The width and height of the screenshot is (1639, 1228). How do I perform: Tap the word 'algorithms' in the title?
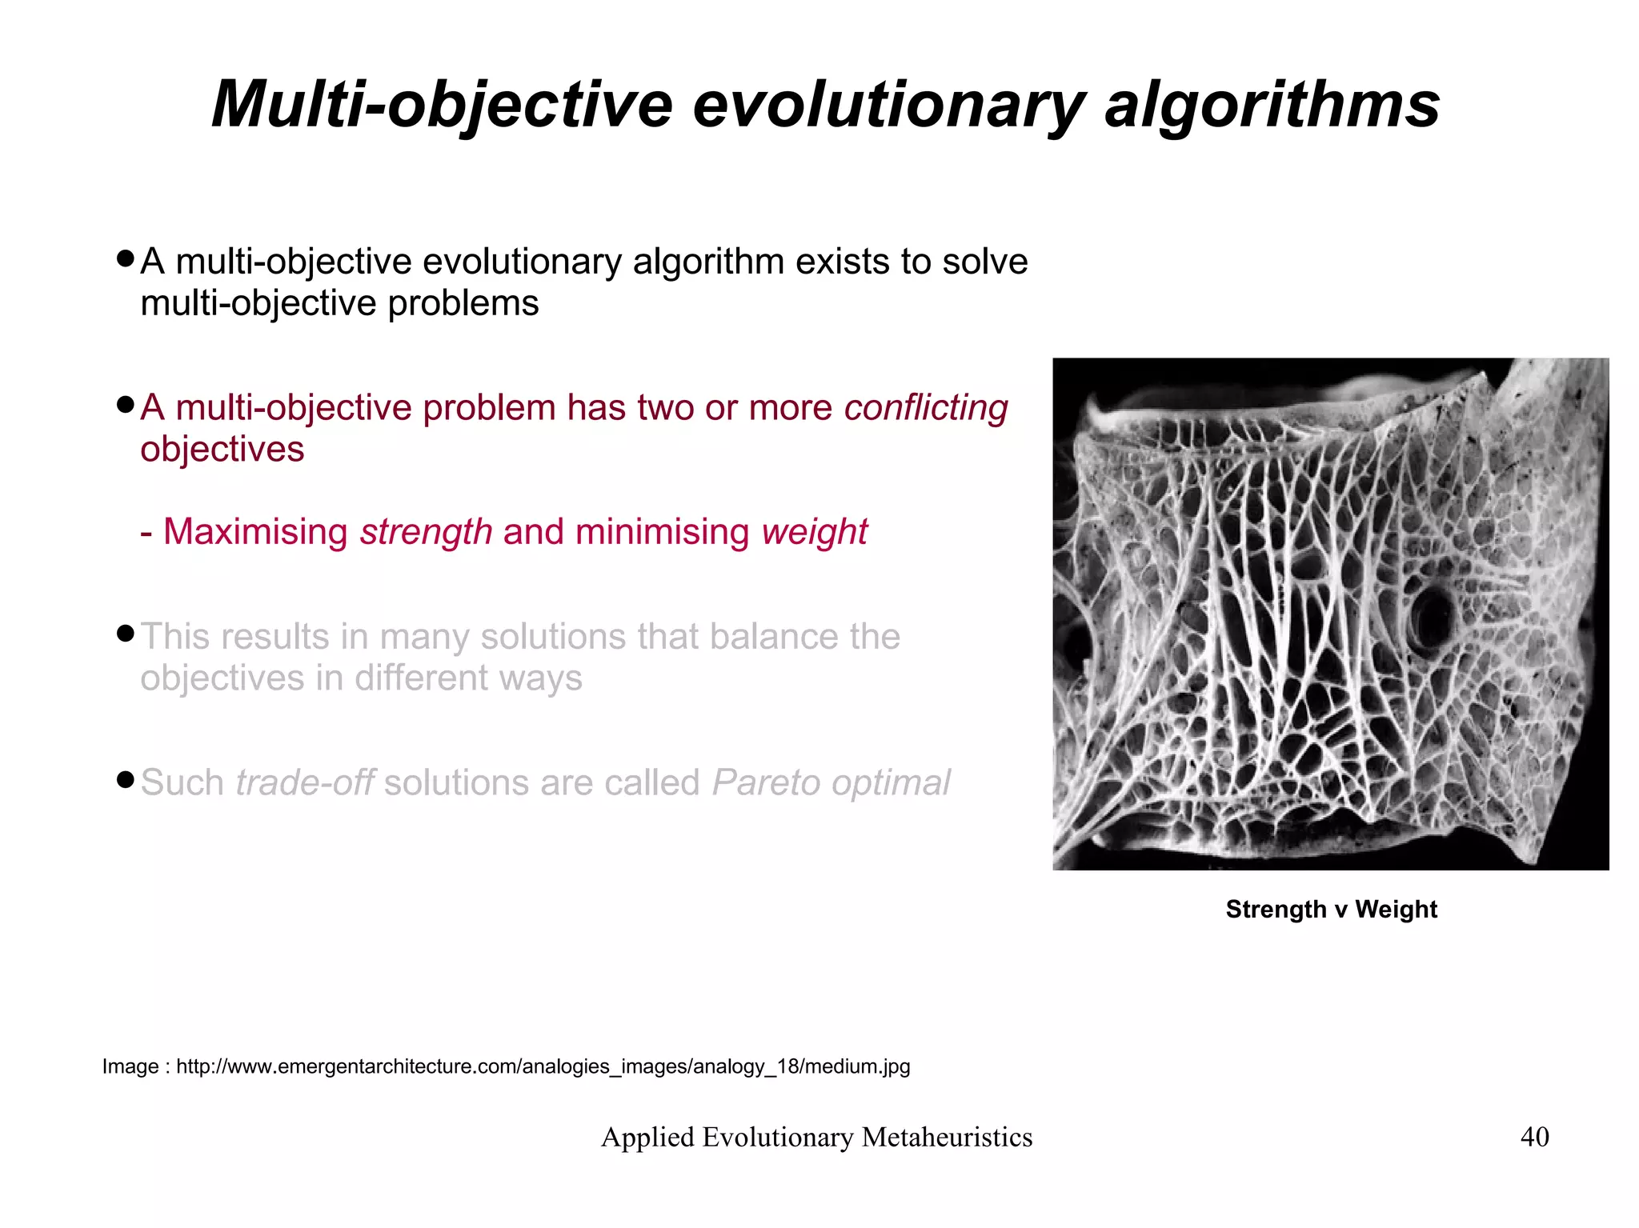pyautogui.click(x=1272, y=106)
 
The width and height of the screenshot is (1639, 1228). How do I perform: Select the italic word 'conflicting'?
pyautogui.click(x=926, y=408)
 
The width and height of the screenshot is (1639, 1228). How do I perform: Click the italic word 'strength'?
pyautogui.click(x=426, y=532)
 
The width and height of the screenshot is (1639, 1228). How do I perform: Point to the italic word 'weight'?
pyautogui.click(x=814, y=532)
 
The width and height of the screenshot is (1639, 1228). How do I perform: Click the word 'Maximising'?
pyautogui.click(x=255, y=532)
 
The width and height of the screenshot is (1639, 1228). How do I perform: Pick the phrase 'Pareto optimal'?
pyautogui.click(x=830, y=782)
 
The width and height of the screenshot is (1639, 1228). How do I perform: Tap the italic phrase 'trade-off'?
pyautogui.click(x=304, y=782)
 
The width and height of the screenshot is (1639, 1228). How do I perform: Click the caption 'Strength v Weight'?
pyautogui.click(x=1331, y=910)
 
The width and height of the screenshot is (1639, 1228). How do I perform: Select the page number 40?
pyautogui.click(x=1534, y=1137)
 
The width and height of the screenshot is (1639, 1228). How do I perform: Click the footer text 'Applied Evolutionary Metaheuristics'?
pyautogui.click(x=816, y=1137)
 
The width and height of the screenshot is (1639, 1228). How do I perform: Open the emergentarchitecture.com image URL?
pyautogui.click(x=543, y=1066)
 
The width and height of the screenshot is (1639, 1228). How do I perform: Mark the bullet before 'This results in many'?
pyautogui.click(x=124, y=634)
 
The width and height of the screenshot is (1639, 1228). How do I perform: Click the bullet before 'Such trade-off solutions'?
pyautogui.click(x=124, y=779)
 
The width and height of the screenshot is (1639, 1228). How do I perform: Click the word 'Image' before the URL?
pyautogui.click(x=130, y=1066)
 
